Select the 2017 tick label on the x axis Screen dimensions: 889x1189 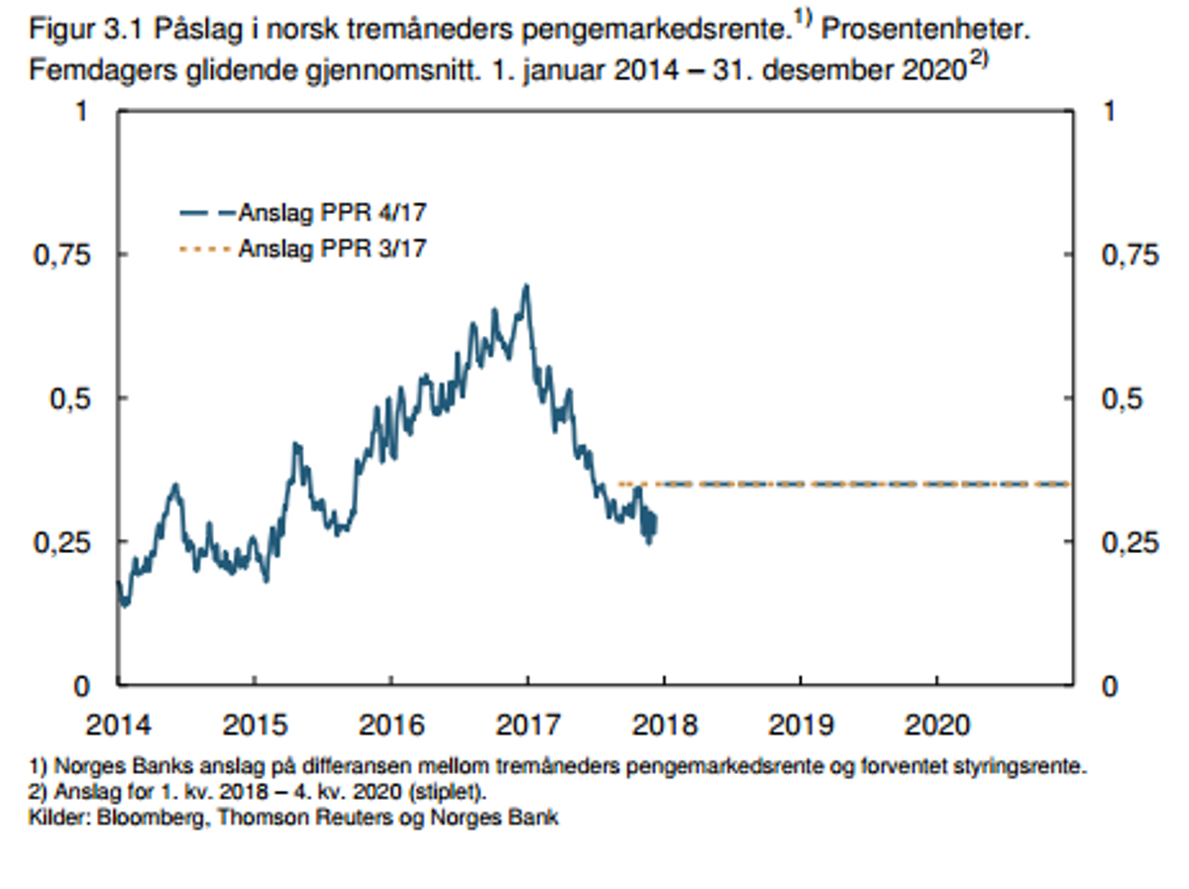pos(527,725)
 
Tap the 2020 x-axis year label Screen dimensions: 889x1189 pos(937,725)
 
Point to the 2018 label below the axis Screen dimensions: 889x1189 pos(664,725)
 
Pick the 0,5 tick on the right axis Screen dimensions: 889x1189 pos(1122,398)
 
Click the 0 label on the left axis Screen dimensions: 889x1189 pos(81,685)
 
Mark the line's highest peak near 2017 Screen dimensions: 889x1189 pos(526,285)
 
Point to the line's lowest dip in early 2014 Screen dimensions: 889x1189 pos(124,604)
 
